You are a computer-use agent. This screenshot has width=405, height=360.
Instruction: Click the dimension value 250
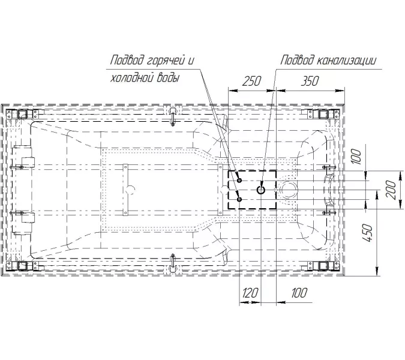(x=251, y=81)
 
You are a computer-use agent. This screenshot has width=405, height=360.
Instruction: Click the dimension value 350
(x=310, y=81)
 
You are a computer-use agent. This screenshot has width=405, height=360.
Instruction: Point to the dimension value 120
(x=250, y=293)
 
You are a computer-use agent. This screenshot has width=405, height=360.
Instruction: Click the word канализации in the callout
(x=346, y=60)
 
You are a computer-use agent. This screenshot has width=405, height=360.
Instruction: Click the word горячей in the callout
(x=166, y=61)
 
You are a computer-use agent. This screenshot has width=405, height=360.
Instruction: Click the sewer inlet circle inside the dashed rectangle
(x=261, y=190)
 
